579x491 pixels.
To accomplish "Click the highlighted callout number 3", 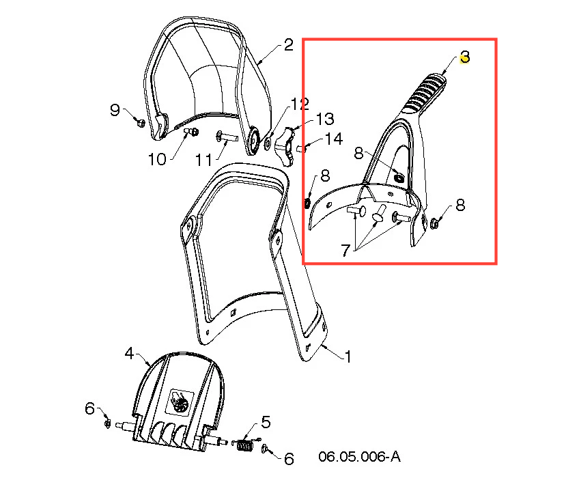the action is (464, 57).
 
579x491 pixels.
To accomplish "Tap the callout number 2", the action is (288, 45).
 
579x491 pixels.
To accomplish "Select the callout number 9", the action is (115, 110).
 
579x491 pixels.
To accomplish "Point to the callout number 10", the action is (157, 159).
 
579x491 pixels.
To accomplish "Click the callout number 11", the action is (203, 160).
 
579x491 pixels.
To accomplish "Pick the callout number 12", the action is (300, 104).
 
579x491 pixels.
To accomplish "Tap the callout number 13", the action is (325, 119).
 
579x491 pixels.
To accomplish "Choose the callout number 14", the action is (334, 139).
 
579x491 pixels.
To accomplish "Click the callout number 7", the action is (345, 250).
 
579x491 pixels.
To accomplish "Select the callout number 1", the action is (348, 356).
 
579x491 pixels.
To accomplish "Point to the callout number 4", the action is (129, 353).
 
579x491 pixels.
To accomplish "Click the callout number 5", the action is (266, 422).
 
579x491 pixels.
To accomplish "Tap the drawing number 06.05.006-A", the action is (359, 456).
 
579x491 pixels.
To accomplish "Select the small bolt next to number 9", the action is (140, 122).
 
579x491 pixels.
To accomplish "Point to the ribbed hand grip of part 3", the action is (424, 93).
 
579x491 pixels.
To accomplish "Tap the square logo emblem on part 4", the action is (181, 402).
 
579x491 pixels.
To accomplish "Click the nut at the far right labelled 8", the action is (434, 223).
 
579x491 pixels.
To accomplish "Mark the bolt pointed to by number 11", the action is (227, 137).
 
